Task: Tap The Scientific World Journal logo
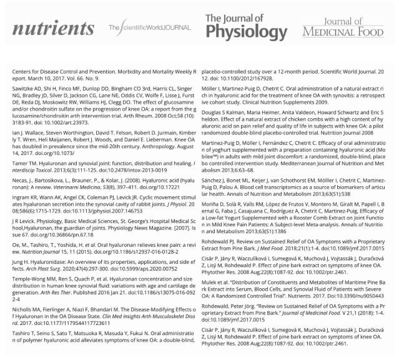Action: [x=149, y=28]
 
